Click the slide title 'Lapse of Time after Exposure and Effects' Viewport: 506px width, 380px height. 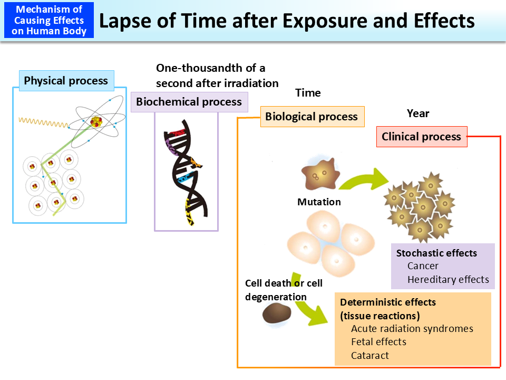point(287,21)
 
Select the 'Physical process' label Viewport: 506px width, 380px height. point(66,81)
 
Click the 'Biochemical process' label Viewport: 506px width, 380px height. point(189,102)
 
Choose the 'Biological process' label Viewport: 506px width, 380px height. point(312,117)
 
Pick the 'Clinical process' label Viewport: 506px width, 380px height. point(421,137)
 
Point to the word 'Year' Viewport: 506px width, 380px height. point(418,113)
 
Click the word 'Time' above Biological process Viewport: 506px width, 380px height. point(308,93)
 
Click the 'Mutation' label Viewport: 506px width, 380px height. point(319,202)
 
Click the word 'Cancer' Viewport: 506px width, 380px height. point(423,266)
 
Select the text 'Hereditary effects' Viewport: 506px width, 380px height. point(448,280)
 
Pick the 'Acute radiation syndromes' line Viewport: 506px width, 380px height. point(412,329)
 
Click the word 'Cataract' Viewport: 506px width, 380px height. point(370,356)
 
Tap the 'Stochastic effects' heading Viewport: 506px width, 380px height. point(436,253)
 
